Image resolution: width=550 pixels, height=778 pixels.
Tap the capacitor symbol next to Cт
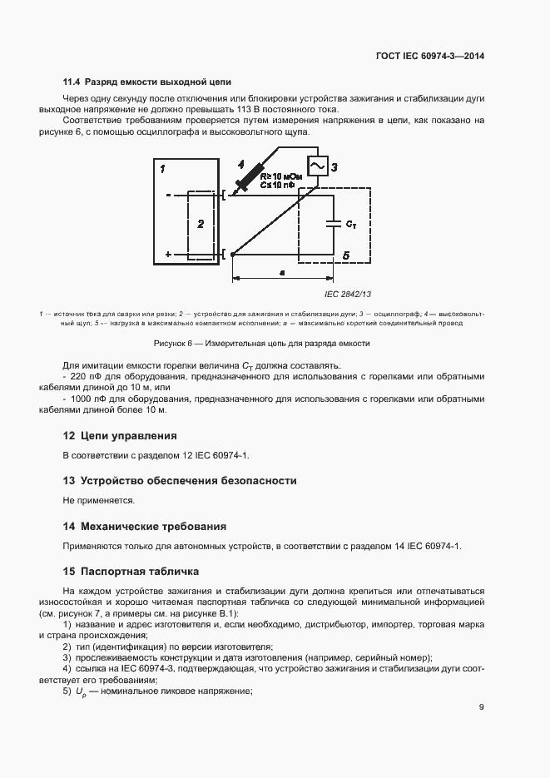point(334,223)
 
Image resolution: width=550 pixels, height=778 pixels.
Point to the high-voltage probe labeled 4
point(249,176)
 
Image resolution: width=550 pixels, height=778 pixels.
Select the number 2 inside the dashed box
point(200,224)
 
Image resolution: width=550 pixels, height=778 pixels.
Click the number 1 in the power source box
point(164,169)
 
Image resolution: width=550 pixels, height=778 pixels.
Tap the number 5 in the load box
point(346,256)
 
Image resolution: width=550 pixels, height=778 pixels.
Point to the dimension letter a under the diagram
point(282,271)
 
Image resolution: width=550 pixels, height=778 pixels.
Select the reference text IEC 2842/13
point(348,294)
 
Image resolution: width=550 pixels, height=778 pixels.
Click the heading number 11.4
point(72,82)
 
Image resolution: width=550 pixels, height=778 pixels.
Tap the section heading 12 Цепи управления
point(120,435)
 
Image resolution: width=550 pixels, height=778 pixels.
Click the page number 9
point(482,707)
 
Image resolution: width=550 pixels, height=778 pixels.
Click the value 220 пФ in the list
point(84,376)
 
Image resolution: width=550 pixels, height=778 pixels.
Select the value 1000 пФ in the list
point(87,399)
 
